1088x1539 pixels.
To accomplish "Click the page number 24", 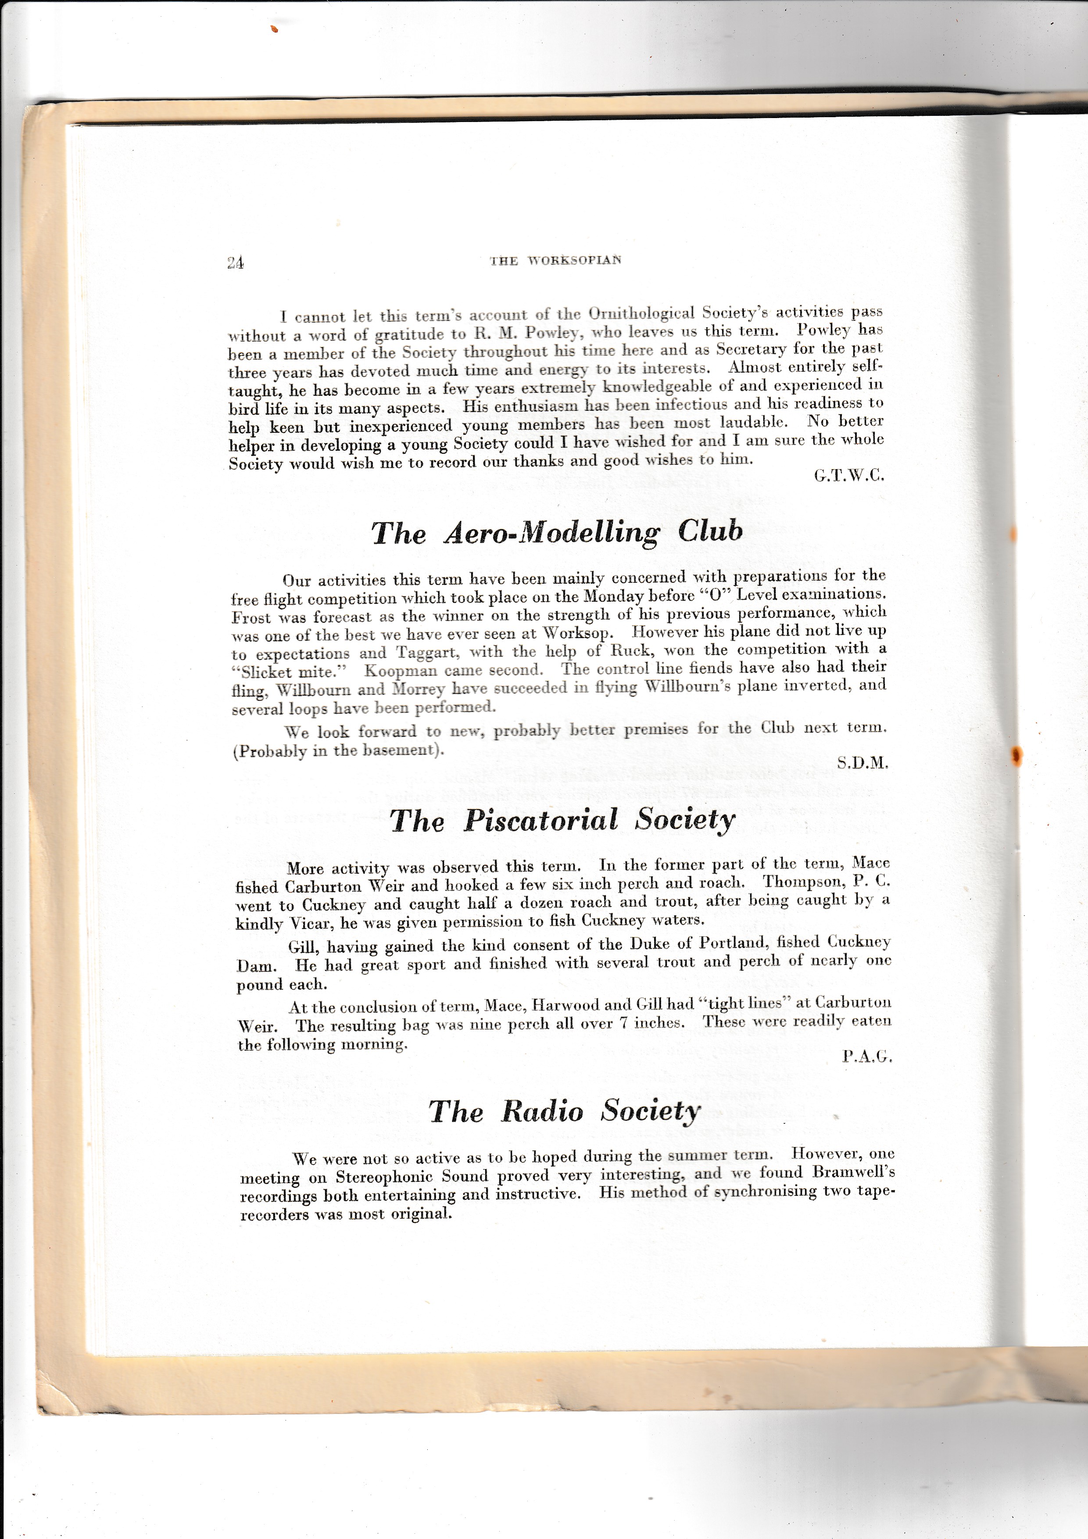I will coord(235,263).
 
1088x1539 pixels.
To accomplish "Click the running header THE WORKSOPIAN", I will coord(555,260).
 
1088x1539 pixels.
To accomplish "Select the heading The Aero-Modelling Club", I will coord(557,532).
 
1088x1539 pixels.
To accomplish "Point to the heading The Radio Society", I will coord(564,1111).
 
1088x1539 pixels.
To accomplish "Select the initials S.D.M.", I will coord(862,763).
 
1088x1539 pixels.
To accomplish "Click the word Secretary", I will coord(751,349).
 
